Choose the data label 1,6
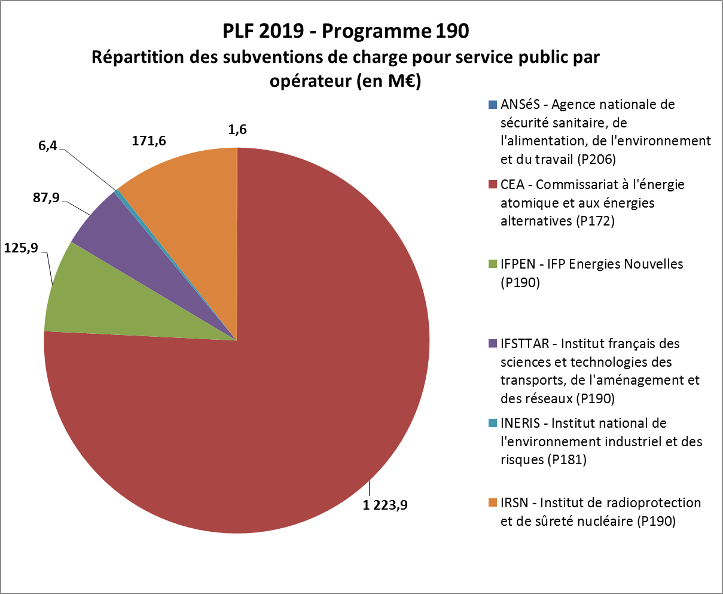pyautogui.click(x=237, y=129)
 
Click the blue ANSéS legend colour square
pyautogui.click(x=493, y=105)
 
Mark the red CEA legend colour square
pyautogui.click(x=493, y=185)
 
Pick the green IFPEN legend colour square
pyautogui.click(x=493, y=264)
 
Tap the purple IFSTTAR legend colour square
pyautogui.click(x=493, y=344)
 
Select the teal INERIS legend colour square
pyautogui.click(x=493, y=424)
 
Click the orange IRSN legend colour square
pyautogui.click(x=493, y=503)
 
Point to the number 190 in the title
pyautogui.click(x=452, y=31)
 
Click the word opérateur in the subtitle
pyautogui.click(x=306, y=81)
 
